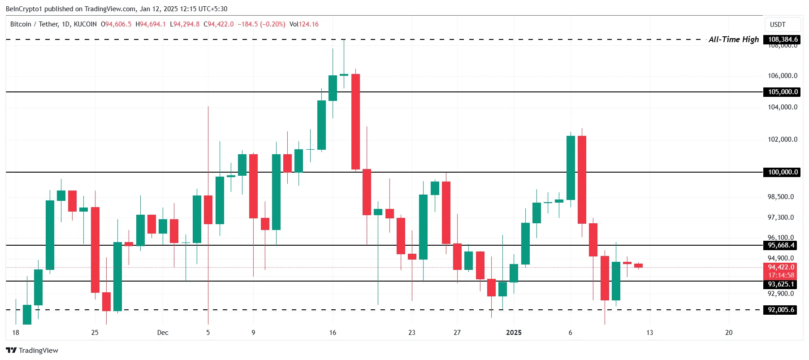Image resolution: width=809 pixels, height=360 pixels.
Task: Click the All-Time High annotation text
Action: pos(734,39)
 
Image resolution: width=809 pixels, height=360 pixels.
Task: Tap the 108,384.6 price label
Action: pos(783,39)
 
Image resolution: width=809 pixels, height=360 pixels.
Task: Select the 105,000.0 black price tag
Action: pos(783,92)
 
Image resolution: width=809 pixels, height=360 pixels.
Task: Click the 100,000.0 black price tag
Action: pos(783,172)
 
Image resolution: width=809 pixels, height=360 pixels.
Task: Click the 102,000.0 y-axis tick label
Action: pos(783,139)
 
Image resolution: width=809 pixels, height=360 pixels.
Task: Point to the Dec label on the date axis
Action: pos(163,333)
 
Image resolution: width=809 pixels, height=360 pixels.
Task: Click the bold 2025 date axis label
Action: pos(514,333)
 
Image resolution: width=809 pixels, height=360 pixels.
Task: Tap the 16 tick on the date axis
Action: pos(333,333)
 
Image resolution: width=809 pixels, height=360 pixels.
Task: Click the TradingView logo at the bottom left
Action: pos(32,351)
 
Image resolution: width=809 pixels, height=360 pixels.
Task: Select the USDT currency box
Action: pos(778,25)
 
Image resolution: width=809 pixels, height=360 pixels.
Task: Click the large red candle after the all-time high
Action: pos(355,121)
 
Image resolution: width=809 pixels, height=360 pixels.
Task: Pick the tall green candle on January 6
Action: pos(571,168)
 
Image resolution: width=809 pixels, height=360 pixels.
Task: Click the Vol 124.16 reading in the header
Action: pos(304,24)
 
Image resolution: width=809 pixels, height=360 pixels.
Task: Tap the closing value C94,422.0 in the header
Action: pos(219,24)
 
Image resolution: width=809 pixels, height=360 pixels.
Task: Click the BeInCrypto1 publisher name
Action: pos(23,9)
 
